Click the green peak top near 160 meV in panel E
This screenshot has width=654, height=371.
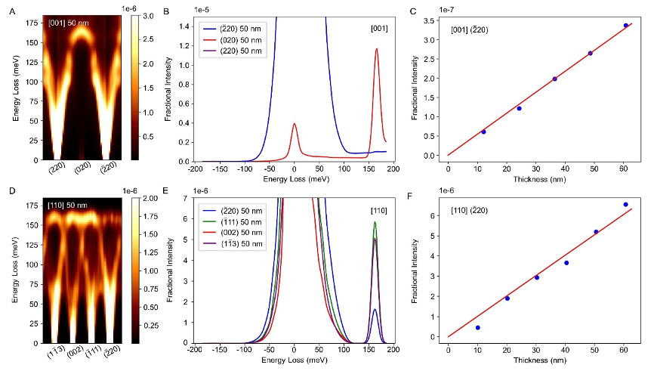pyautogui.click(x=375, y=222)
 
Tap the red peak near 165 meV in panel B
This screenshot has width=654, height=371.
pyautogui.click(x=376, y=49)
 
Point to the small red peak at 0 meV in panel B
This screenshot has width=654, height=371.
pyautogui.click(x=295, y=124)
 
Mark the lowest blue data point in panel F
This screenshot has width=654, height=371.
pyautogui.click(x=478, y=327)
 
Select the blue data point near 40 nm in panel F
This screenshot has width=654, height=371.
pyautogui.click(x=566, y=263)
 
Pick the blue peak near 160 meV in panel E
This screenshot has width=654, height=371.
pyautogui.click(x=375, y=309)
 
